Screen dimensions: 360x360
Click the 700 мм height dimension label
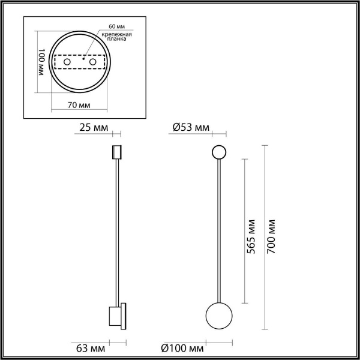(x=271, y=237)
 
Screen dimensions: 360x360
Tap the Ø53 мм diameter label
(x=190, y=127)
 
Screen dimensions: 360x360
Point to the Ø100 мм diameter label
(x=182, y=347)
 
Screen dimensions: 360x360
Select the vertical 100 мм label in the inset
(x=43, y=64)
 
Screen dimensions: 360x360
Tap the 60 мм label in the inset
(x=117, y=28)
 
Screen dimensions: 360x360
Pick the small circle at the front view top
(x=218, y=152)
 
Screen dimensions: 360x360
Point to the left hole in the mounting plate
(x=67, y=62)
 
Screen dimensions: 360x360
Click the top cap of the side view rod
(x=116, y=152)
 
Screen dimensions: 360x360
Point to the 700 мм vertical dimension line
(x=265, y=180)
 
